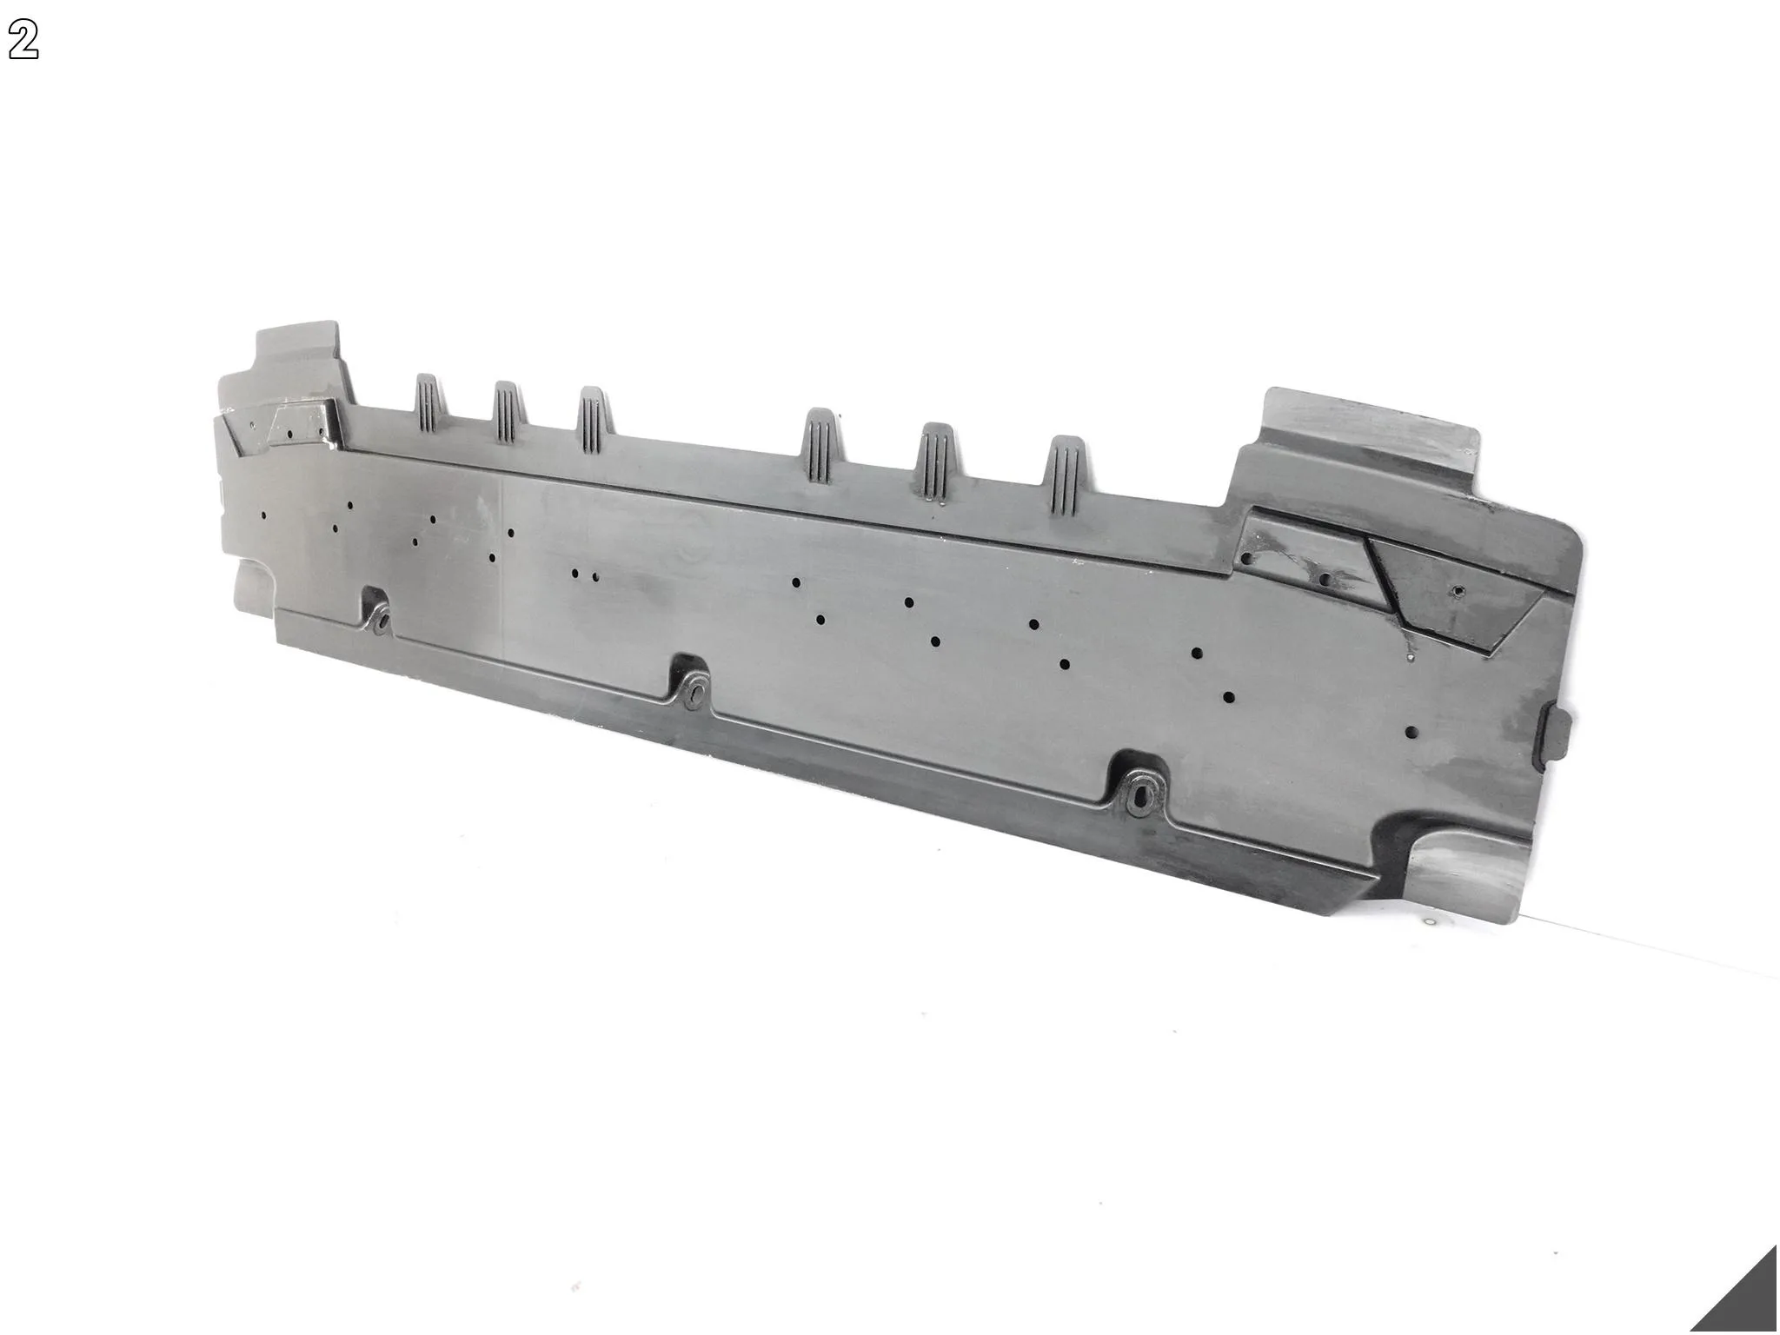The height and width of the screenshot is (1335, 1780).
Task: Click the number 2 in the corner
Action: (24, 40)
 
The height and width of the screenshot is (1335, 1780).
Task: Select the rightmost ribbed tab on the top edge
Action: (1066, 475)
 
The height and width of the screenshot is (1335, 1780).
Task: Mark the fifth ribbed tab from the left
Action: (940, 462)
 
